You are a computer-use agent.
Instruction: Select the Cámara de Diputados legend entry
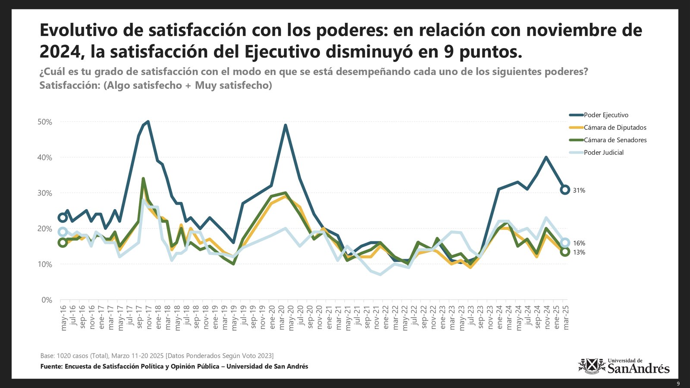click(x=615, y=128)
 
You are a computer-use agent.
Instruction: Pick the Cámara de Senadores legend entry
click(x=615, y=140)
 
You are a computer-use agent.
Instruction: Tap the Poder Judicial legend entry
click(x=603, y=153)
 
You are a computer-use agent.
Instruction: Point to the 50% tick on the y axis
click(x=45, y=122)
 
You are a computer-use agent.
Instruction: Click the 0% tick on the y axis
click(x=47, y=300)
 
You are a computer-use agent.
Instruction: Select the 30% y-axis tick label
click(x=45, y=193)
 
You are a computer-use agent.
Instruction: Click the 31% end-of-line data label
click(x=579, y=191)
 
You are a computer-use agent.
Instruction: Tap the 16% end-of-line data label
click(x=579, y=244)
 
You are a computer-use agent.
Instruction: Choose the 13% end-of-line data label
click(x=579, y=253)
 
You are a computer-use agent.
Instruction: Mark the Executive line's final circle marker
click(x=565, y=190)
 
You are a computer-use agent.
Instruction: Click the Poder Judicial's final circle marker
click(x=565, y=243)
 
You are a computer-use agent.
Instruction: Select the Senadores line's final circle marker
click(x=565, y=252)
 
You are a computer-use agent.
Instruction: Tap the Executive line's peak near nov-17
click(x=148, y=122)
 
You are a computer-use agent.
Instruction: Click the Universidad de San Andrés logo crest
click(x=592, y=366)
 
